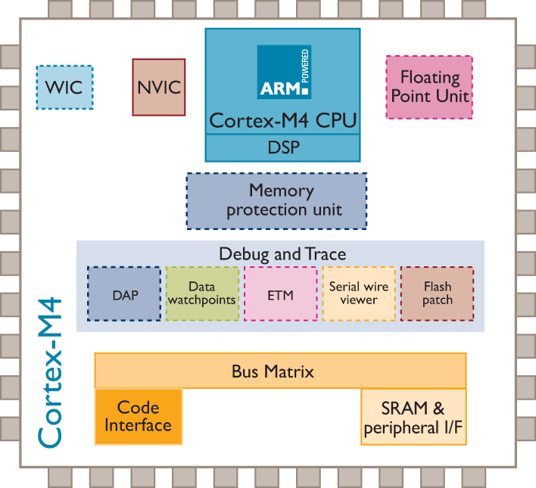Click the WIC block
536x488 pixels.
click(64, 87)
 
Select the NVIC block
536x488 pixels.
click(159, 87)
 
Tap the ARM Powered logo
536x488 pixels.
click(284, 72)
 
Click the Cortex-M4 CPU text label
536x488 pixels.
click(282, 120)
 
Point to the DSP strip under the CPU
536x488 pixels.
click(283, 148)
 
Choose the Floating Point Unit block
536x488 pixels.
click(429, 87)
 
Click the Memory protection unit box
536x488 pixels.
click(276, 200)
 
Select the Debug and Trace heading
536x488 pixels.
click(282, 253)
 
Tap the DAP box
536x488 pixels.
click(124, 294)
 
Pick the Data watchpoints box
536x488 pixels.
click(202, 294)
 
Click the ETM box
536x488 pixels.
click(280, 294)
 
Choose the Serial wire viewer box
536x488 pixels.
click(359, 294)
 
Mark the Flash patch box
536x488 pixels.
click(437, 294)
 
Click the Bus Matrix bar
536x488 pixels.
click(280, 371)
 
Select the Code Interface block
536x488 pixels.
click(139, 417)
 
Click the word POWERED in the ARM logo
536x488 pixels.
click(306, 67)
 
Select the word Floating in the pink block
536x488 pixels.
click(429, 77)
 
